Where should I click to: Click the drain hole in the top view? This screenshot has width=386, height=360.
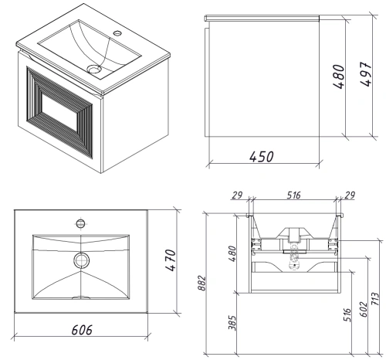(80, 260)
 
